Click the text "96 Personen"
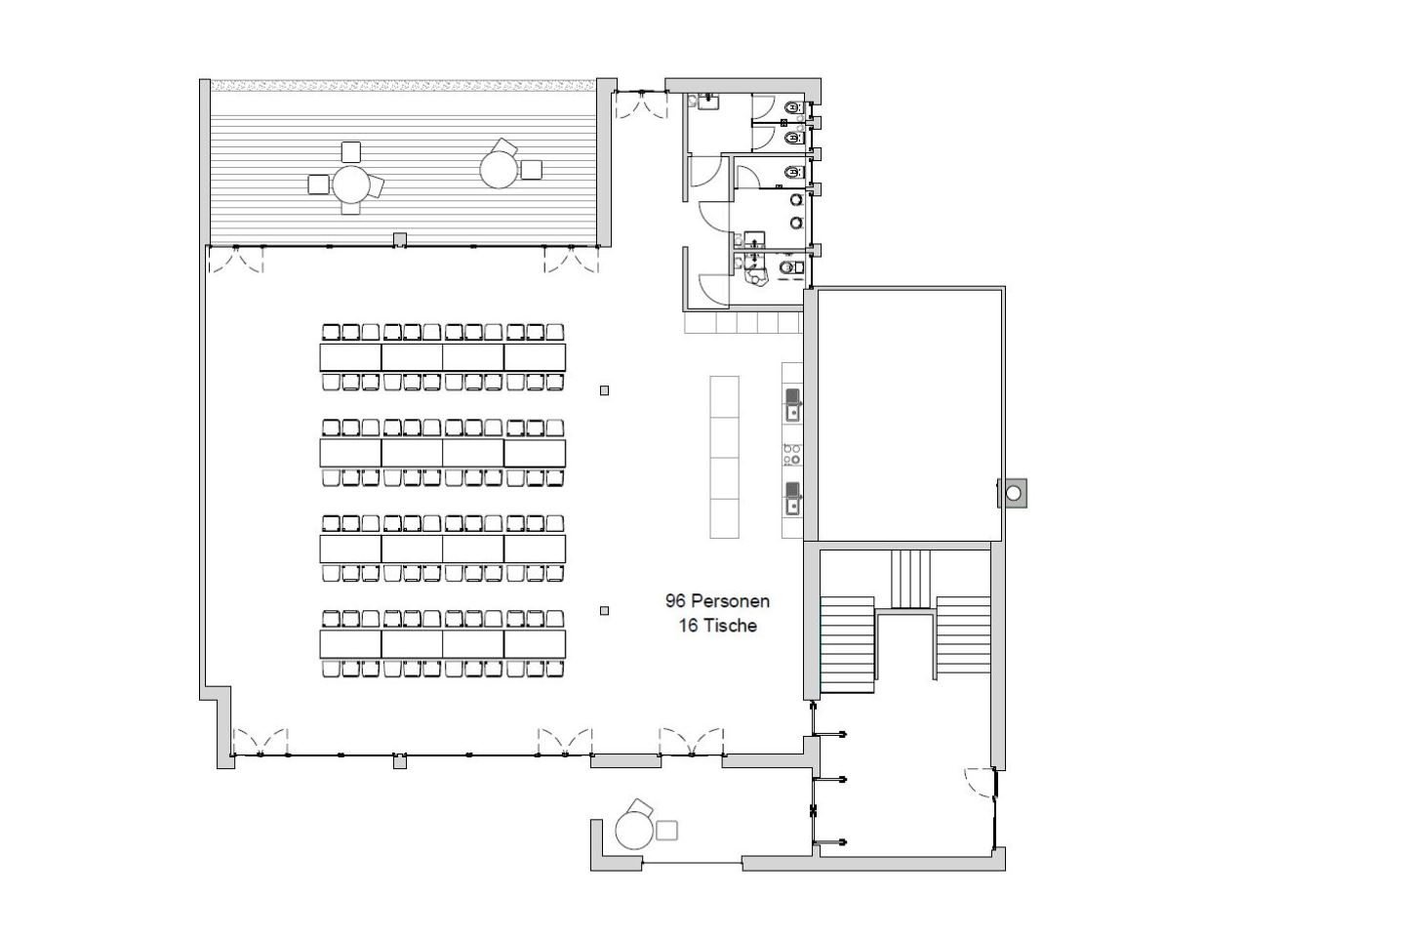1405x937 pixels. click(717, 600)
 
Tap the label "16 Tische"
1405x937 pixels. click(717, 626)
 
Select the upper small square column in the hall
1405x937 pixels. click(604, 390)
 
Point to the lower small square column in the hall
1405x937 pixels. click(604, 611)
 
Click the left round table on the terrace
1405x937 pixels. click(350, 183)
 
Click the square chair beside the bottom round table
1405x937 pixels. click(666, 831)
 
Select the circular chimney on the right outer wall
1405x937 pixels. click(1013, 493)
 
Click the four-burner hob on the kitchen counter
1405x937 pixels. click(791, 455)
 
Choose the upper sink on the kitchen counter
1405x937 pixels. click(793, 405)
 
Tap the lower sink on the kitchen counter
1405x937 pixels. click(793, 499)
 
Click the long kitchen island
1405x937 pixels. click(724, 457)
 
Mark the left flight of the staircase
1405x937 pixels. click(847, 645)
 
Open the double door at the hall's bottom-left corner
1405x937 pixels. click(261, 743)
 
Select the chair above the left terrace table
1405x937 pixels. click(351, 152)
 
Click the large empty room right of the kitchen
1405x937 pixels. click(909, 415)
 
